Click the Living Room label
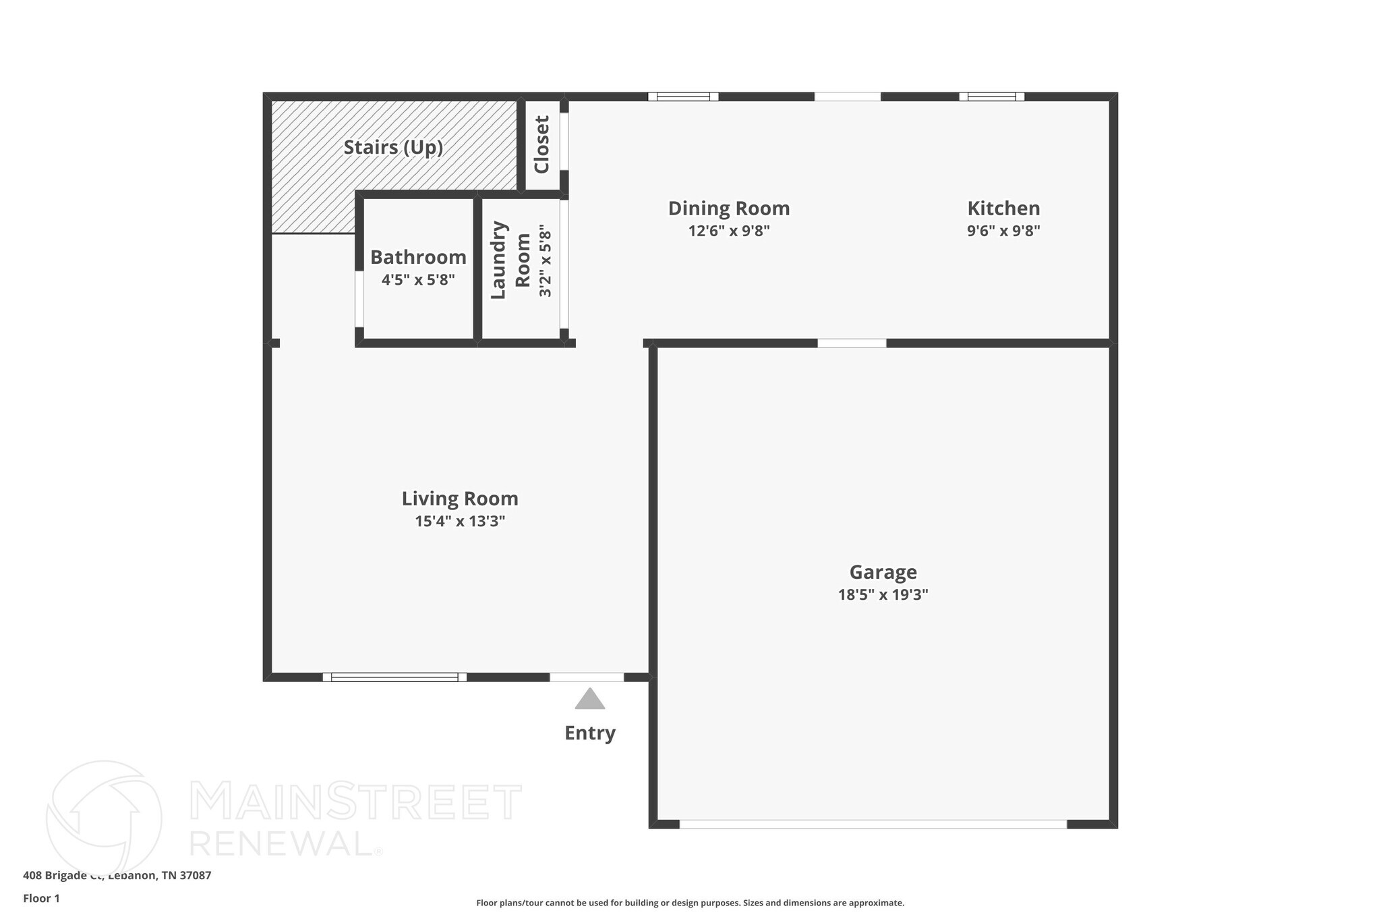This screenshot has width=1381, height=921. coord(460,499)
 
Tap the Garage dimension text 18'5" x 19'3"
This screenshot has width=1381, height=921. coord(883,594)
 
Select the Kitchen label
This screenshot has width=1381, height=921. coord(1003,208)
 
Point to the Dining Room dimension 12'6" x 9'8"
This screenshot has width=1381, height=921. coord(728,231)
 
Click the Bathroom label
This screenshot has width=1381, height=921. coord(418,257)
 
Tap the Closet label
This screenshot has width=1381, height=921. coord(542,144)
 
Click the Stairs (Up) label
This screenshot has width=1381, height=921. coord(393,147)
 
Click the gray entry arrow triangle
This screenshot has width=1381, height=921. coord(589,700)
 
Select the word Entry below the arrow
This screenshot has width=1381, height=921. coord(589,733)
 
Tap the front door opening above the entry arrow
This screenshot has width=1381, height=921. coord(586,677)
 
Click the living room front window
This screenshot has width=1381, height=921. coord(394,677)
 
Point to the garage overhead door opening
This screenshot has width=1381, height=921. coord(873,824)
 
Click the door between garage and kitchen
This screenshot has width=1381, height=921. coord(852,343)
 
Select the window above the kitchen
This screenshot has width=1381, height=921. coord(991,96)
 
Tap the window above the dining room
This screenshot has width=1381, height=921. coord(683,96)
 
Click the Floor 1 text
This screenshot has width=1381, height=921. coord(41,898)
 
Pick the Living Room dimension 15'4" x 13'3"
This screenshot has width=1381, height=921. coord(460,521)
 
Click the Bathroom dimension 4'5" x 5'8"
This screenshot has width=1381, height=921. coord(418,279)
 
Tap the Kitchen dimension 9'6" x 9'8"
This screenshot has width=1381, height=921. coord(1003,231)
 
